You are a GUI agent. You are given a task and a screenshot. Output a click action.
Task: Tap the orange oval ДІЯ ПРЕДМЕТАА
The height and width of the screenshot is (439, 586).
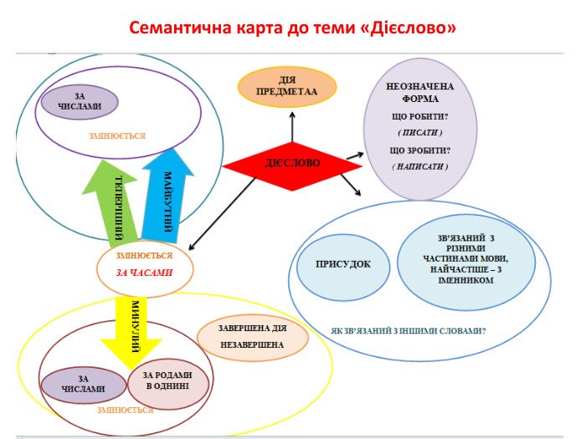pos(287,85)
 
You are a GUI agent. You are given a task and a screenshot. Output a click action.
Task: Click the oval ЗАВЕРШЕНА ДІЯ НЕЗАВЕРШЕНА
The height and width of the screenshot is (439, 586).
pos(252,337)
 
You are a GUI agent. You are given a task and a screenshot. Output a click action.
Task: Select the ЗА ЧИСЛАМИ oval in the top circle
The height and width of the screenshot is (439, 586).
pos(80,102)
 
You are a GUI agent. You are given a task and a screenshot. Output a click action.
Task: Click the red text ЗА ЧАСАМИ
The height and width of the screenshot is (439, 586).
pos(144,273)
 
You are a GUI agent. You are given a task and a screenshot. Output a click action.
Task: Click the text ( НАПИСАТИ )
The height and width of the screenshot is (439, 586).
pos(419,166)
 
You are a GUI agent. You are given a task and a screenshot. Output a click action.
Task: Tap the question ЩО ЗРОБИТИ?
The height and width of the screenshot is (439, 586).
pos(419,150)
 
